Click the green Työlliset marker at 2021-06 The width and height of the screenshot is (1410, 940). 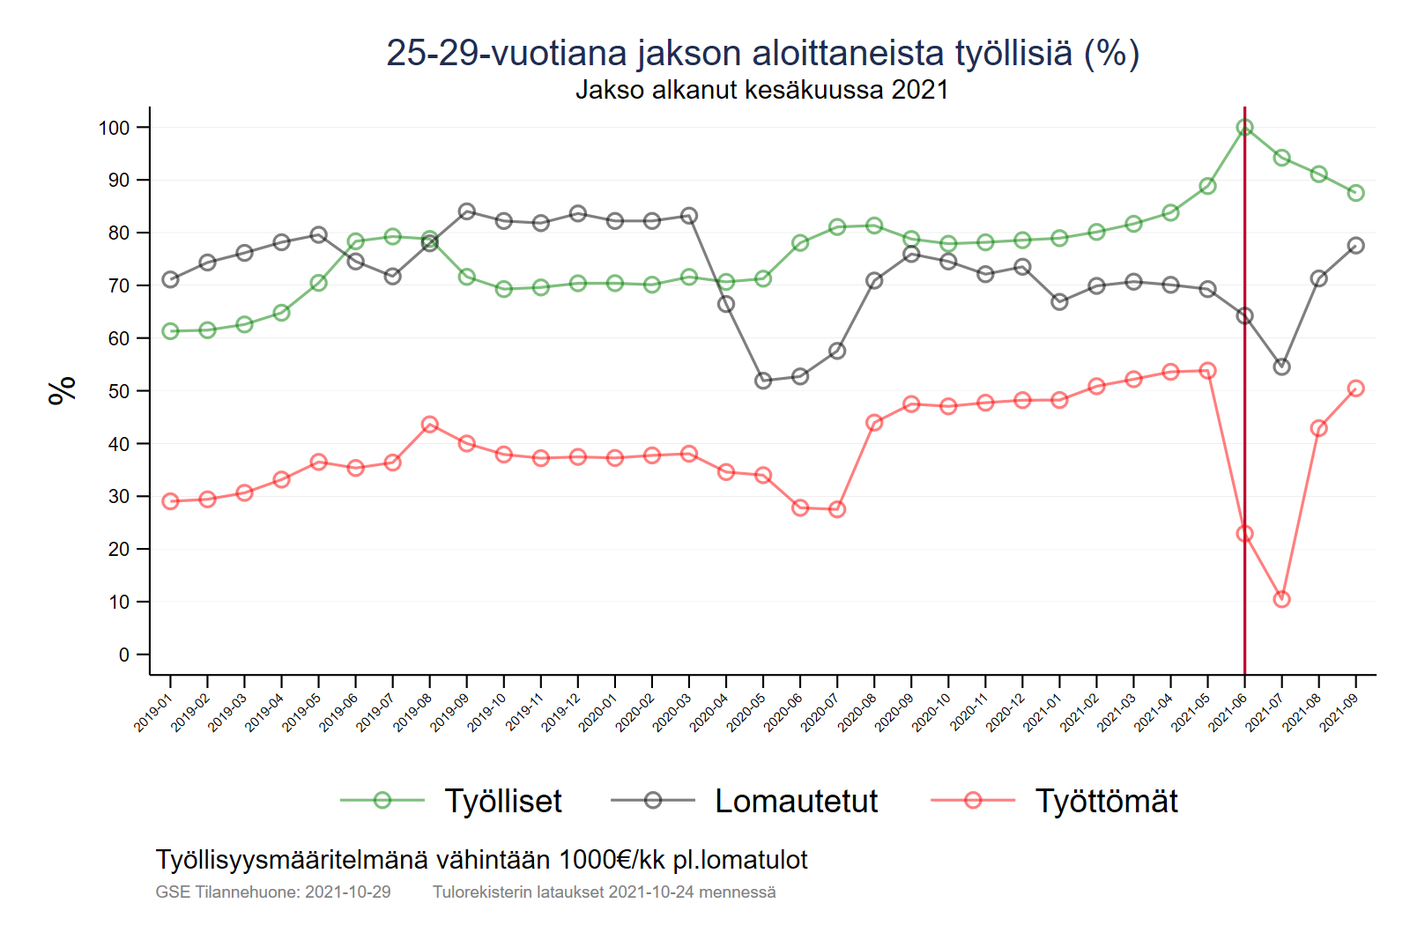1244,128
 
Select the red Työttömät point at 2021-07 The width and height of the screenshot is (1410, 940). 1281,599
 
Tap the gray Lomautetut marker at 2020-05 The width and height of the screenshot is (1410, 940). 763,381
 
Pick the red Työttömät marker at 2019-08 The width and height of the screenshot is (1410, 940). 430,425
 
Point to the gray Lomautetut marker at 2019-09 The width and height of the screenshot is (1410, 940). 467,211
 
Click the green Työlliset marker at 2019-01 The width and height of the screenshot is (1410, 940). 171,331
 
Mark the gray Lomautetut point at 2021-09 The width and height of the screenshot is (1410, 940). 1355,246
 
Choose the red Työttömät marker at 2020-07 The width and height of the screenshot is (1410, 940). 837,509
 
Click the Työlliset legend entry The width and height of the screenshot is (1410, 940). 502,801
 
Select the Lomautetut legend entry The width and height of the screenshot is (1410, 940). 795,801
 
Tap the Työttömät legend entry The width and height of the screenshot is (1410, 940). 1105,801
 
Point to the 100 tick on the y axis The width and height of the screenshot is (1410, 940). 114,128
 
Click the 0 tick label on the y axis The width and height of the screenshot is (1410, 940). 124,655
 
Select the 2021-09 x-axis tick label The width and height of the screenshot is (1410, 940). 1339,712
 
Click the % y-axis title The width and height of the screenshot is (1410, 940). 63,390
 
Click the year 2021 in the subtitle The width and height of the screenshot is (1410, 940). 919,90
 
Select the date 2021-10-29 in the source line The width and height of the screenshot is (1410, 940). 347,892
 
